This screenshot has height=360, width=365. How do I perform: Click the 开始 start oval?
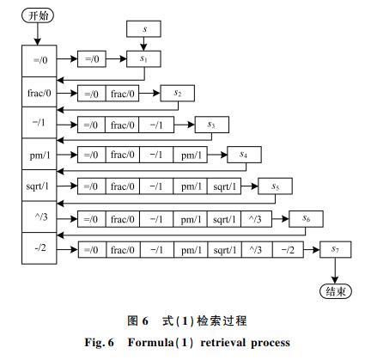pyautogui.click(x=38, y=15)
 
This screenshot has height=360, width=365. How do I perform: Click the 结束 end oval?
pyautogui.click(x=335, y=291)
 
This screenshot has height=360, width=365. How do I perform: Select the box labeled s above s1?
pyautogui.click(x=143, y=29)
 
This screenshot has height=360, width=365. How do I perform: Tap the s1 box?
pyautogui.click(x=143, y=59)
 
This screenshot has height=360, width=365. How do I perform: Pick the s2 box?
pyautogui.click(x=178, y=93)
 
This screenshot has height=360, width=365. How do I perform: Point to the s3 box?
pyautogui.click(x=212, y=125)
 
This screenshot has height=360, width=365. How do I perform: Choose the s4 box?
pyautogui.click(x=244, y=155)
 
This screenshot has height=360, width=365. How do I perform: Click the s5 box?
pyautogui.click(x=275, y=186)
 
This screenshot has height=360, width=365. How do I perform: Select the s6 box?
pyautogui.click(x=306, y=219)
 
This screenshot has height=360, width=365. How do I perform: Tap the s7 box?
pyautogui.click(x=336, y=249)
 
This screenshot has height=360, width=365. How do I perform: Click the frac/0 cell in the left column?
pyautogui.click(x=40, y=92)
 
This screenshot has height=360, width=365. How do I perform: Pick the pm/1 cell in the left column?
pyautogui.click(x=40, y=154)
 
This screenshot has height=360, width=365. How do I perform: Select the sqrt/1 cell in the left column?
pyautogui.click(x=40, y=186)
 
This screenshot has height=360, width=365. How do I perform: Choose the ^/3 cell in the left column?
pyautogui.click(x=40, y=217)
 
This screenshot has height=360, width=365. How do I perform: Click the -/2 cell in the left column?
pyautogui.click(x=40, y=248)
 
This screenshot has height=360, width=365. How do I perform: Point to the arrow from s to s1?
pyautogui.click(x=143, y=44)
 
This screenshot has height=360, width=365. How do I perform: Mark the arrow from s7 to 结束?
pyautogui.click(x=335, y=271)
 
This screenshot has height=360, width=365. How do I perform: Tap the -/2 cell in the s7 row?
pyautogui.click(x=288, y=250)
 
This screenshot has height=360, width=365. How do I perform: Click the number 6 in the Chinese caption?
pyautogui.click(x=145, y=321)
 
